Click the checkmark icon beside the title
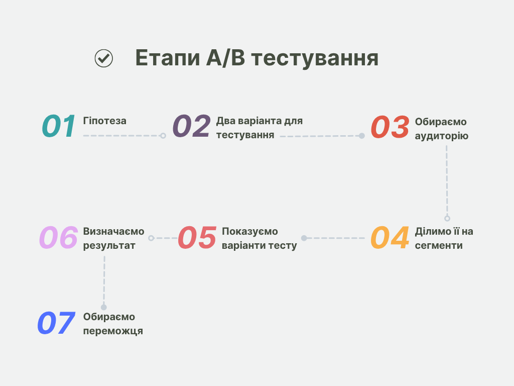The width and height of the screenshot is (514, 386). pos(104,58)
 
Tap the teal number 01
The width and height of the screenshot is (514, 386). pos(59,127)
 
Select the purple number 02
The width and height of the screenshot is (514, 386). pos(191,127)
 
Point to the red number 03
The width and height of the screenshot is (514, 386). pos(390,128)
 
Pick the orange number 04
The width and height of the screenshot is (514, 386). pos(390,238)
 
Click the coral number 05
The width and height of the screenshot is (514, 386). pos(197,238)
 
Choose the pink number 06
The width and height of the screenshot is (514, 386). pos(59,238)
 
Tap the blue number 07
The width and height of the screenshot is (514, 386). pos(56,324)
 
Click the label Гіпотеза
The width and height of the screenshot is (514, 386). pos(104,121)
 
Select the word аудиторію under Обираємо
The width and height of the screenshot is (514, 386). pos(441,136)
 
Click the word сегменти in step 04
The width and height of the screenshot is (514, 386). pos(439,246)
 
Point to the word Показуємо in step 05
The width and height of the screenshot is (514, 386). pos(249,232)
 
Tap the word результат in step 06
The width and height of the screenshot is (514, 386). pos(109,246)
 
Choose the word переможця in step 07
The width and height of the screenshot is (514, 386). pos(113,331)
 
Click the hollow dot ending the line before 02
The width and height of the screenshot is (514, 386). pos(163,136)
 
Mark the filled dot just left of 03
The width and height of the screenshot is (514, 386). pos(361,136)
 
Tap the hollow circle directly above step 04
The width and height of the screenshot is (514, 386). pos(447,219)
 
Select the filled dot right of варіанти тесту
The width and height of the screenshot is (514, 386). pos(304,238)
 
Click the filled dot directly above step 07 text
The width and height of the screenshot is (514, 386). pos(104,307)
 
